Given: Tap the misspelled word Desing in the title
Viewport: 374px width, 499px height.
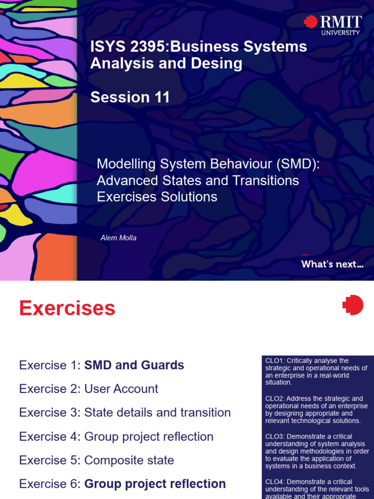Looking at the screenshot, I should (x=218, y=63).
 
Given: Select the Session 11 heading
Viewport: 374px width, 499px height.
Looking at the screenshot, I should (x=130, y=97).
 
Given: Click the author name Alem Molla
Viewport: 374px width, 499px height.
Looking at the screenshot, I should (x=118, y=238).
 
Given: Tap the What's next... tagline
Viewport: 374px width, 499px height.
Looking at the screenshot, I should (x=332, y=265).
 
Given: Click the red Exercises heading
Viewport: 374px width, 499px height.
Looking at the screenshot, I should (x=67, y=308).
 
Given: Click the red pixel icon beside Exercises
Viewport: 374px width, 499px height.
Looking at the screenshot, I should (x=353, y=305).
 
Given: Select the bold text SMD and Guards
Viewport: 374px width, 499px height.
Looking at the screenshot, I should (x=134, y=365).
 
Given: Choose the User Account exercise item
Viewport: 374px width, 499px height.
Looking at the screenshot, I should (x=121, y=389).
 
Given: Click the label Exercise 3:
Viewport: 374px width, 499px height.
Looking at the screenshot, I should (x=50, y=412).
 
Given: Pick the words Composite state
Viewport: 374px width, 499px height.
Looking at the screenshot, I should (x=129, y=460).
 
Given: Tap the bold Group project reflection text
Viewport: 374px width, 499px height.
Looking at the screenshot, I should (x=155, y=484).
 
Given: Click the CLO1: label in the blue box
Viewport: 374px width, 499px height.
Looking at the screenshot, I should (x=275, y=361).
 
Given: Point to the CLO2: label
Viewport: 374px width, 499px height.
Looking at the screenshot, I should (x=275, y=399).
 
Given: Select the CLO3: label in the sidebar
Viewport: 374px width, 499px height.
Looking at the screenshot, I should (x=275, y=437).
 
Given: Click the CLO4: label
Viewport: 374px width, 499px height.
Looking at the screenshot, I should (x=275, y=481).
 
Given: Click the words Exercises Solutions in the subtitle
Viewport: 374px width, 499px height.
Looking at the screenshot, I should (x=157, y=197).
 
